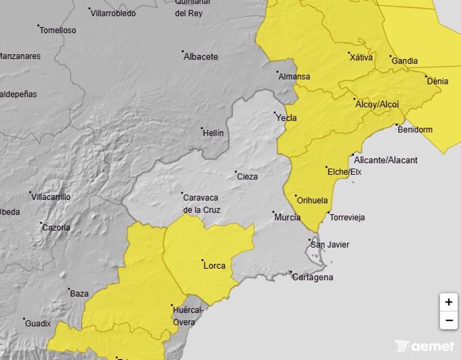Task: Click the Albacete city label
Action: [201, 57]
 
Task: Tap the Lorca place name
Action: [214, 266]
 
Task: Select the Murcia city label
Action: [287, 217]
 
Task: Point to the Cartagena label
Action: [313, 277]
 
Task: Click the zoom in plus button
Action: [448, 302]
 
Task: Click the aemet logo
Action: [425, 346]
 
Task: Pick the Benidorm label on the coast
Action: [415, 130]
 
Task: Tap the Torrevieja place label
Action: [347, 217]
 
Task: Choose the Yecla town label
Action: [286, 118]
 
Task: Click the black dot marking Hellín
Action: [202, 128]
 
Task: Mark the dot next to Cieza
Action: [236, 172]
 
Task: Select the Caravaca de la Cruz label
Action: [201, 204]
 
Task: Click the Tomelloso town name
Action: [58, 30]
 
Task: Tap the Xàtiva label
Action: [361, 58]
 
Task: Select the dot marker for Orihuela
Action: [296, 196]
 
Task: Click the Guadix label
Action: [38, 324]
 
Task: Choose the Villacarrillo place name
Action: [51, 197]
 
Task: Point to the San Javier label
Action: [330, 244]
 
